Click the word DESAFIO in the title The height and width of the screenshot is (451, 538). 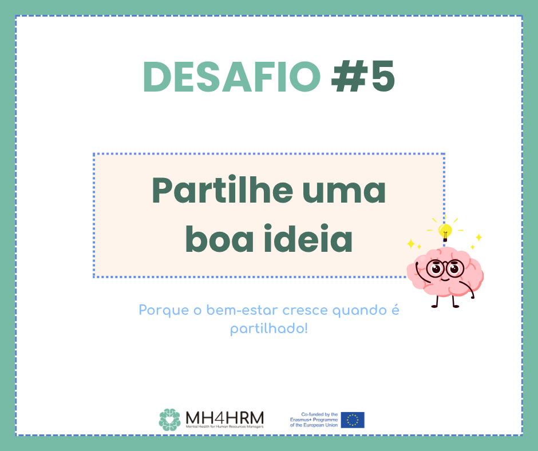[232, 77]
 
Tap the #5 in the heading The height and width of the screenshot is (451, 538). [363, 77]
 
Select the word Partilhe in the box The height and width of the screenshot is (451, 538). [222, 190]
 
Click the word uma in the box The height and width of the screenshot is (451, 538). [344, 193]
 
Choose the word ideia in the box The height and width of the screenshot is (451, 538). [308, 238]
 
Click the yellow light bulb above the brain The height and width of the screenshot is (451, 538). [445, 232]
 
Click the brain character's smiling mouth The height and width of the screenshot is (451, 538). [444, 279]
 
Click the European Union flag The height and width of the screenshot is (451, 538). [353, 420]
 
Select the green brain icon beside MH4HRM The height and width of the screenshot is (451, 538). [169, 420]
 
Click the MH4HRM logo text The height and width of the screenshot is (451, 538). [225, 418]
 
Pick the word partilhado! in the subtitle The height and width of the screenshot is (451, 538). [269, 329]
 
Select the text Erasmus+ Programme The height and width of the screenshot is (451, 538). [314, 420]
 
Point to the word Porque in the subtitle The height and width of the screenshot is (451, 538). [164, 311]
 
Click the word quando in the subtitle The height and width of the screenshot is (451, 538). [360, 311]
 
